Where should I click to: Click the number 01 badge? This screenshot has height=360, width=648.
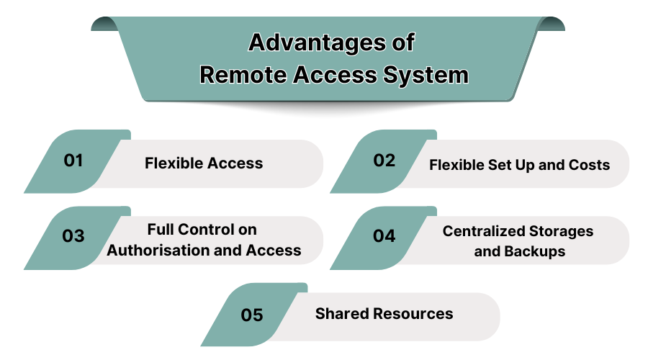coord(73,161)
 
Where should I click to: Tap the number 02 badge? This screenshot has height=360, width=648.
coord(384,161)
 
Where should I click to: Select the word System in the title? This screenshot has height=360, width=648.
coord(427,75)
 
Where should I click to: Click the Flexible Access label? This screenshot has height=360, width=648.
coord(204,163)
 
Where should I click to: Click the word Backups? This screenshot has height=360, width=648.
coord(531,251)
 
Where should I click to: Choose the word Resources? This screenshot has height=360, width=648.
coord(412,314)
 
